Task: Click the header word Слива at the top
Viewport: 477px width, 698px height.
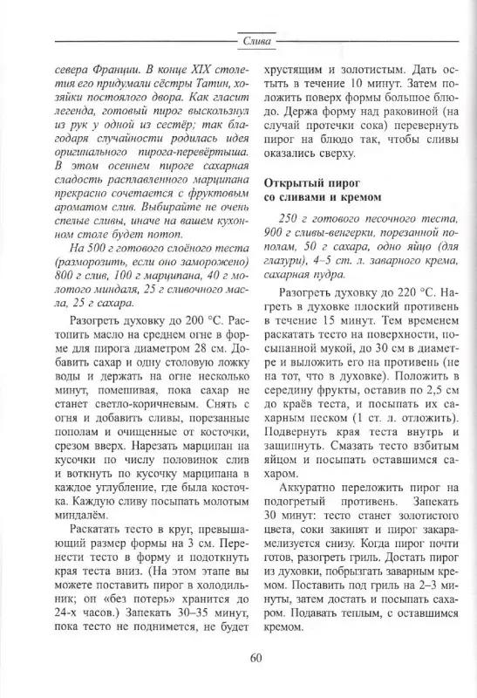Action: [x=256, y=39]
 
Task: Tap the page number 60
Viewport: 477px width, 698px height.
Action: [x=256, y=657]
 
